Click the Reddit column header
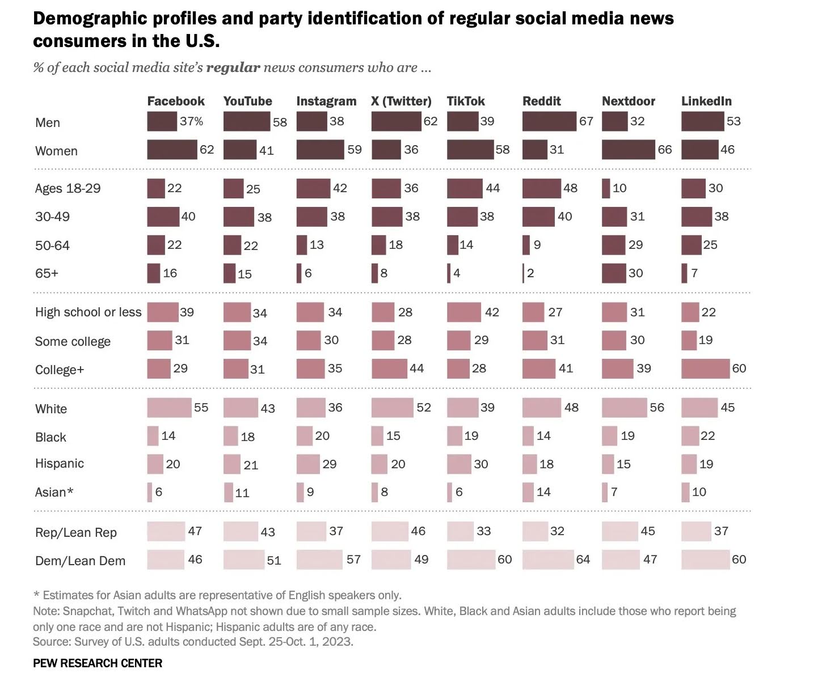(541, 101)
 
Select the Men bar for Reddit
(549, 121)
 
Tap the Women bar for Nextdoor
(628, 150)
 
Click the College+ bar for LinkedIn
(705, 368)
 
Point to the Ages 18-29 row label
(68, 188)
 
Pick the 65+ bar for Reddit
(523, 273)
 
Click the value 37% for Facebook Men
(191, 121)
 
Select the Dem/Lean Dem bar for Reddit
(547, 560)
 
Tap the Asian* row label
(54, 492)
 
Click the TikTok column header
(466, 101)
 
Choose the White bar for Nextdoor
(624, 408)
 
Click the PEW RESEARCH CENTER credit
(98, 663)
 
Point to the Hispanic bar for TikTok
(459, 464)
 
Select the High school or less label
(88, 312)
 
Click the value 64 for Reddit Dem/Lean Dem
(583, 560)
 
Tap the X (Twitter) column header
(401, 101)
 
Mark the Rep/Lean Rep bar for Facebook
(166, 531)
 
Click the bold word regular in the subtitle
(233, 67)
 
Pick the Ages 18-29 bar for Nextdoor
(606, 188)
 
